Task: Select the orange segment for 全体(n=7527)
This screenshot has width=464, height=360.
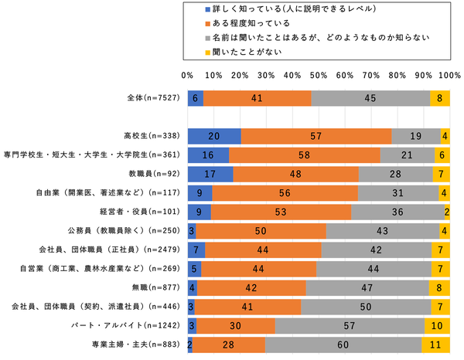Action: tap(258, 98)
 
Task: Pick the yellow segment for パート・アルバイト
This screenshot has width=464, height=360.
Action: tap(437, 325)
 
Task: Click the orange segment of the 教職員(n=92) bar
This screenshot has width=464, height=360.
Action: tap(295, 174)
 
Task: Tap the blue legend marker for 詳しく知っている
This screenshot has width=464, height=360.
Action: tap(206, 10)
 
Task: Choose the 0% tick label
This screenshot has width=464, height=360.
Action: tap(186, 76)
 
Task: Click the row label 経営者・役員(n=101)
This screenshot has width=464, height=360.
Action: tap(145, 212)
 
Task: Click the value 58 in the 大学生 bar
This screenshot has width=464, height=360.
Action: tap(305, 155)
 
